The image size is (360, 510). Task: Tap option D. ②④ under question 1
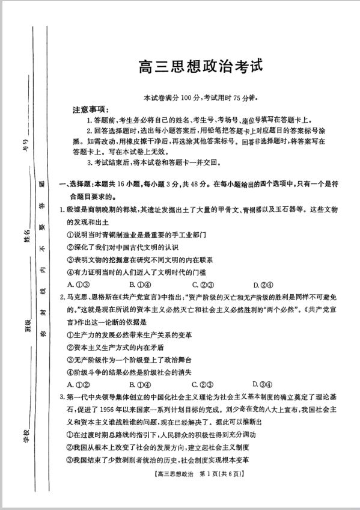(x=264, y=284)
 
